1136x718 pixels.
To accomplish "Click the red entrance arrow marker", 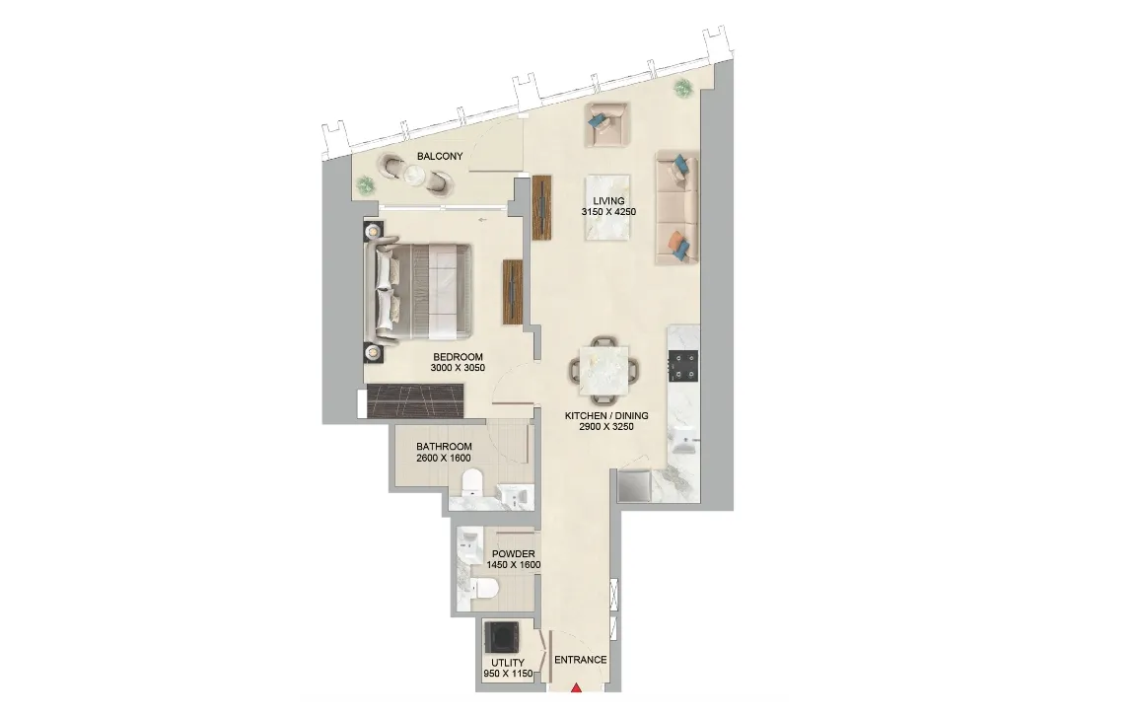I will pos(577,687).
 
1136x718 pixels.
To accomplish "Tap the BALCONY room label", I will pos(440,157).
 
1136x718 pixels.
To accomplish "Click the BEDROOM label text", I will pos(458,357).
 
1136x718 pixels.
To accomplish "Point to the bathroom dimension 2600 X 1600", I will pos(444,459).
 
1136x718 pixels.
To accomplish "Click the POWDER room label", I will pos(513,554).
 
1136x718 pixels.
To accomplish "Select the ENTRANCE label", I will pos(580,660).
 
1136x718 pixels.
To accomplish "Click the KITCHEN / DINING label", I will pos(606,416).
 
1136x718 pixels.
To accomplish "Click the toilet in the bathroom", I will pos(472,483).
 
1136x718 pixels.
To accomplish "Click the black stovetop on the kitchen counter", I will pos(683,366).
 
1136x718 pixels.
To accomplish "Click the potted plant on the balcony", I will pos(367,183).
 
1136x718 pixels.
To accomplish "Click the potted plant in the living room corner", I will pos(682,90).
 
